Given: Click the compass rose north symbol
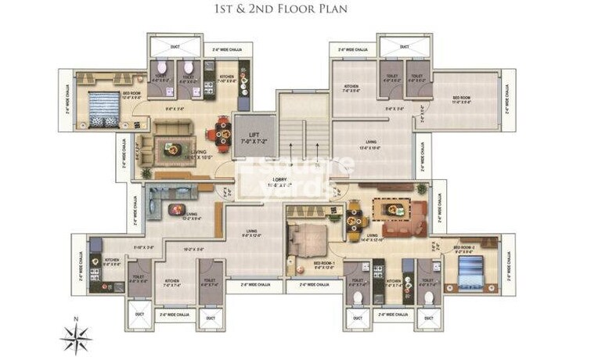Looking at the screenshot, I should point(76,337).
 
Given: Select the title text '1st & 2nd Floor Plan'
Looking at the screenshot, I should point(295,11).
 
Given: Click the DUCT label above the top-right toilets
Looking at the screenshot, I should point(404,47).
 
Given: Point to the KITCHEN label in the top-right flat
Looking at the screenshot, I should point(350,88).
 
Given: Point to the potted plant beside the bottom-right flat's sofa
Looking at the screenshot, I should point(423,189).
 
